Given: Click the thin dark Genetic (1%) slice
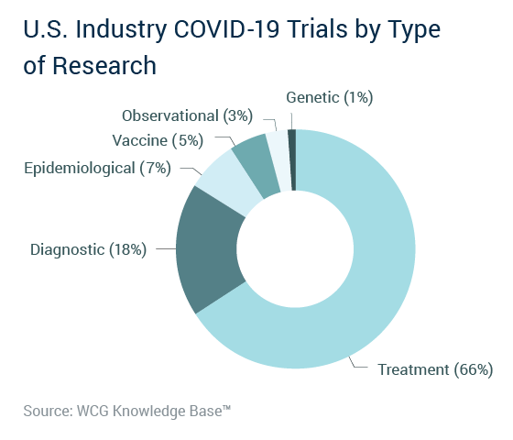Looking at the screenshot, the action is (x=292, y=159).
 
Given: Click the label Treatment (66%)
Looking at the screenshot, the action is (x=435, y=369).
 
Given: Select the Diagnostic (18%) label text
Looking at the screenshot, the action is (x=88, y=249).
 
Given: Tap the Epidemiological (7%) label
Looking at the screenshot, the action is (x=97, y=169).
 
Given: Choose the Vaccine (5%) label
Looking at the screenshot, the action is (x=158, y=141).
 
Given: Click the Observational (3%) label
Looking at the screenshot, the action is (x=187, y=115).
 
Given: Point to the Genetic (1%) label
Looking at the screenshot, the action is (x=330, y=97).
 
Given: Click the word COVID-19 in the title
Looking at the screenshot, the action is (x=227, y=28).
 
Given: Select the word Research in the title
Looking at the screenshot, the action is (x=104, y=65).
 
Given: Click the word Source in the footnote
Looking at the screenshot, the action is (x=48, y=412).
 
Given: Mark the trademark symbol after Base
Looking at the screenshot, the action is (x=227, y=408).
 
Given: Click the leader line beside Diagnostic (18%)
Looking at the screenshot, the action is (x=166, y=248).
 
